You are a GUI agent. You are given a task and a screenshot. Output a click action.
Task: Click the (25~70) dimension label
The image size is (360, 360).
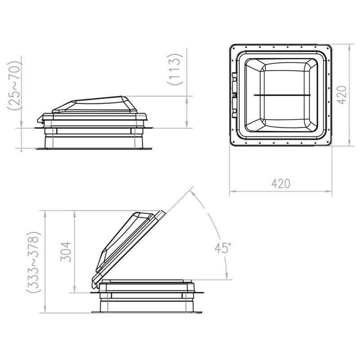pyautogui.click(x=15, y=85)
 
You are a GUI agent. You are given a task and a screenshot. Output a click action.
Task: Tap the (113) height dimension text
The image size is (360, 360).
pyautogui.click(x=175, y=69)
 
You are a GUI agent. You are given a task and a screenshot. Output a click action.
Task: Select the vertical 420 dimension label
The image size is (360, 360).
pyautogui.click(x=342, y=95)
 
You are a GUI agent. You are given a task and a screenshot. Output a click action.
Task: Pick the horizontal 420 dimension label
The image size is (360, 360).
pyautogui.click(x=281, y=184)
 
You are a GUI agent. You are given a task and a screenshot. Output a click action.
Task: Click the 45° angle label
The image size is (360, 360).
pyautogui.click(x=223, y=248)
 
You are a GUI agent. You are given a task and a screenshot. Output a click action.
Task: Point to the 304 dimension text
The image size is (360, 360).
pyautogui.click(x=66, y=252)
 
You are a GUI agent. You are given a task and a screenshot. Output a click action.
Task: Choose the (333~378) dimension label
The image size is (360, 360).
pyautogui.click(x=33, y=262)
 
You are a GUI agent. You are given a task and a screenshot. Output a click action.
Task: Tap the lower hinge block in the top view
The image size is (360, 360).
pyautogui.click(x=234, y=108)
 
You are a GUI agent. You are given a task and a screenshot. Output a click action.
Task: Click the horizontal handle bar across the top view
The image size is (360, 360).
pyautogui.click(x=282, y=95)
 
